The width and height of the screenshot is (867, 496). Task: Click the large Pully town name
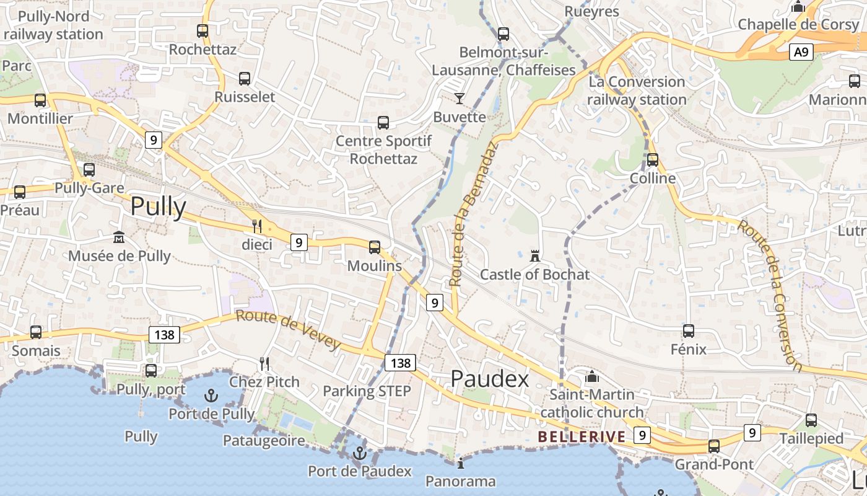click(158, 206)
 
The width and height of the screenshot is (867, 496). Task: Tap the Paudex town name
click(489, 378)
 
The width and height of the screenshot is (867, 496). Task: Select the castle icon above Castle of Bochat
click(534, 255)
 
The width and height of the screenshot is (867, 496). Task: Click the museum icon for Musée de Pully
click(118, 237)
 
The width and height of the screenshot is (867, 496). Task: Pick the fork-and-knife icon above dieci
click(257, 226)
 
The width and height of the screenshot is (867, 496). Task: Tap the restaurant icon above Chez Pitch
click(264, 363)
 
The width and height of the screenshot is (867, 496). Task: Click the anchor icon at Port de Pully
click(211, 395)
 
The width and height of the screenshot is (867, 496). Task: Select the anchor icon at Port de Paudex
click(359, 453)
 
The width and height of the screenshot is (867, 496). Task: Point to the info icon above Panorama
click(460, 463)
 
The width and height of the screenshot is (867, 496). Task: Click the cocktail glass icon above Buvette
click(459, 98)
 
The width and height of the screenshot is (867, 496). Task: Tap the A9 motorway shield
click(801, 53)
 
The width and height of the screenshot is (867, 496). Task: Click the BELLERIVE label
click(582, 436)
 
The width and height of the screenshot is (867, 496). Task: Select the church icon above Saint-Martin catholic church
click(592, 376)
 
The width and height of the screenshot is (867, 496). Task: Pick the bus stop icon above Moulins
click(374, 247)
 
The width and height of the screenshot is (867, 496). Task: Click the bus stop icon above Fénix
click(688, 331)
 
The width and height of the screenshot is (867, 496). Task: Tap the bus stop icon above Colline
click(652, 160)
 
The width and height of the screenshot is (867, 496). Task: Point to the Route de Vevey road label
click(288, 330)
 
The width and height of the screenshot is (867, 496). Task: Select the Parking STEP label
click(367, 391)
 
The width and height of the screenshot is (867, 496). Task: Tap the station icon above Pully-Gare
click(89, 169)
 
